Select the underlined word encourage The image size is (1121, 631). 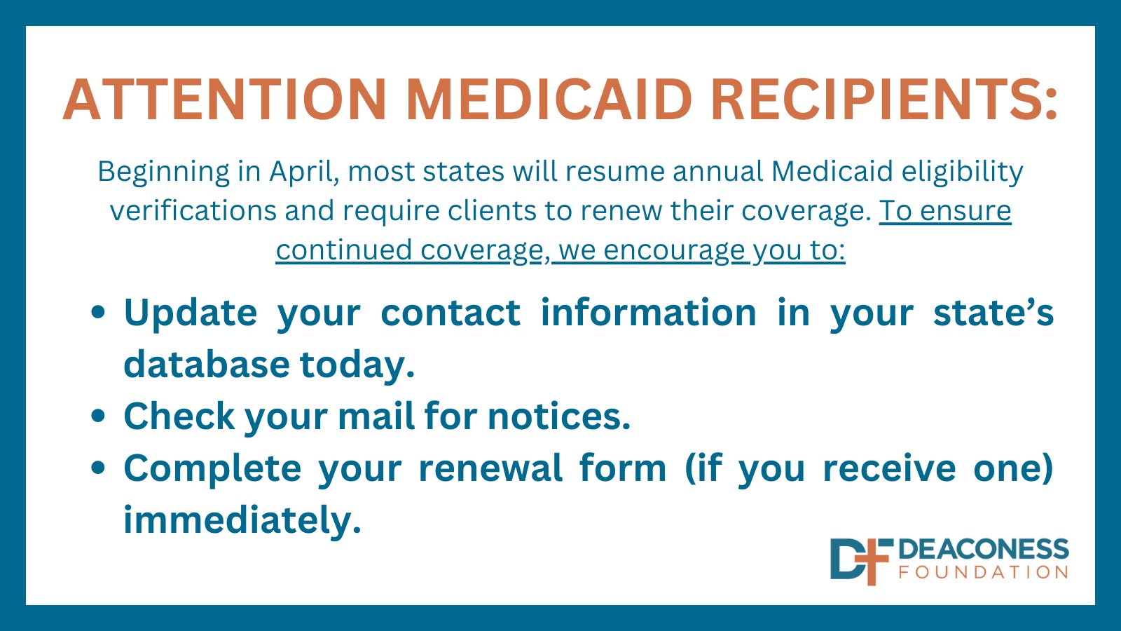(673, 250)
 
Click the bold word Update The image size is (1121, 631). (190, 313)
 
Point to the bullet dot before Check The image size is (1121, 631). (99, 416)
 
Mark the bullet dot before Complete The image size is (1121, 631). (99, 468)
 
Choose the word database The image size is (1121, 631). (207, 365)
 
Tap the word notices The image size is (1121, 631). (558, 416)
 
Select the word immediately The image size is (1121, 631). (242, 520)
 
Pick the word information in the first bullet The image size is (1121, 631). (648, 313)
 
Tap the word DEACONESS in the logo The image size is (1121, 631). (984, 550)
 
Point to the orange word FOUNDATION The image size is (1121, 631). (984, 573)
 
